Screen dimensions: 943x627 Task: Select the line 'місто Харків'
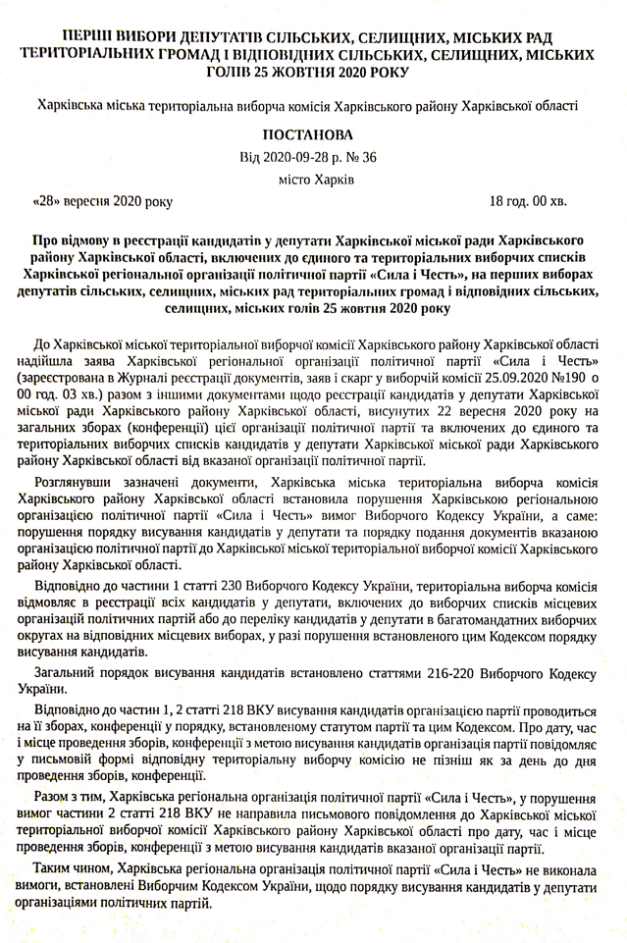click(x=313, y=180)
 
